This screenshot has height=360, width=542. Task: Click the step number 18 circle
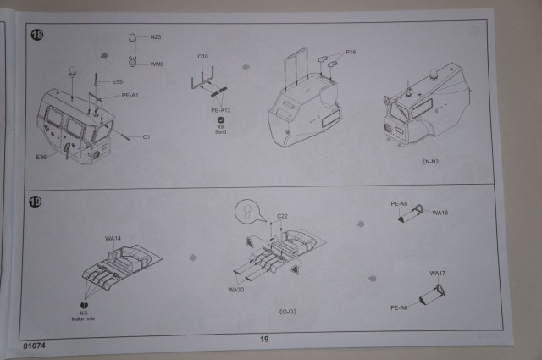pos(37,35)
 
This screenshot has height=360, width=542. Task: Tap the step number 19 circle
pos(36,202)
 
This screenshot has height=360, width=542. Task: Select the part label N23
pos(155,37)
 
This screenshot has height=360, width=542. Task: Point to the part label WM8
pos(157,64)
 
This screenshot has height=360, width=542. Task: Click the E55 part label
pos(116,82)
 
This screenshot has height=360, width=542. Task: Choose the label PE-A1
pos(130,95)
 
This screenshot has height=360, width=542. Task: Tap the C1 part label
pos(146,136)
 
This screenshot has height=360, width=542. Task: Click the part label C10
pos(203,57)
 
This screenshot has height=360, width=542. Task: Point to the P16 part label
pos(351,52)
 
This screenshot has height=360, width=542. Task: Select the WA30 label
pos(235,290)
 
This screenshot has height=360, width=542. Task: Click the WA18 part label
pos(440,213)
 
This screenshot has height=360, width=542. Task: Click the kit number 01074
pos(35,346)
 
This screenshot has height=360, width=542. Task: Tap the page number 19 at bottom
pos(263,339)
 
